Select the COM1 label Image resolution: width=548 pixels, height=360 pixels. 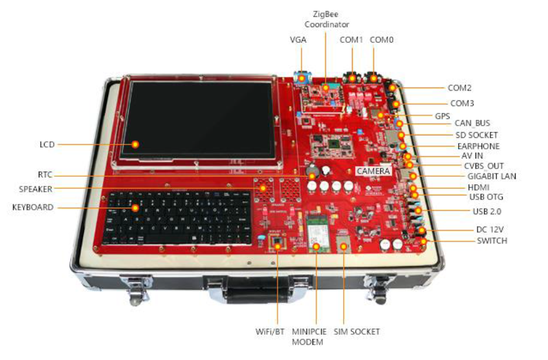[x=352, y=39]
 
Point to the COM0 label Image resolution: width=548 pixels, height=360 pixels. [x=382, y=39]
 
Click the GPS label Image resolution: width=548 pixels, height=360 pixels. [x=442, y=116]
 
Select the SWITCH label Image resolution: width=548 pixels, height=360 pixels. [x=492, y=241]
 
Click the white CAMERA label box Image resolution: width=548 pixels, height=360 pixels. [x=374, y=171]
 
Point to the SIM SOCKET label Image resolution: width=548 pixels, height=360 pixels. [x=356, y=332]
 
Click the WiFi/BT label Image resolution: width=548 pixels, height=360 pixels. [x=270, y=332]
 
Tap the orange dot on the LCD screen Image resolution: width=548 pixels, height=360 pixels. [x=135, y=144]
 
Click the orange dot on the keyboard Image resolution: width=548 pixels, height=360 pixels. [x=135, y=208]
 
